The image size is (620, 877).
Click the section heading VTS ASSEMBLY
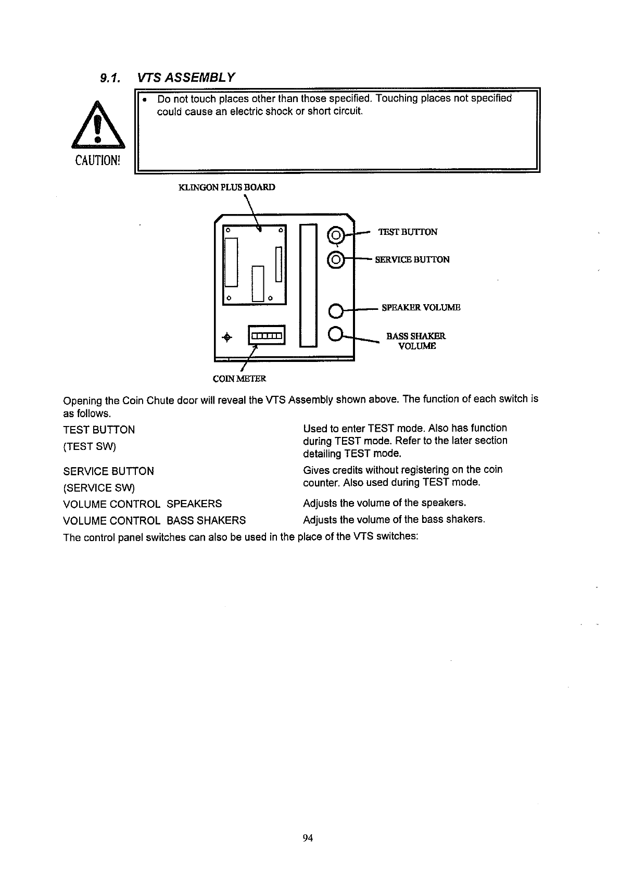(x=185, y=78)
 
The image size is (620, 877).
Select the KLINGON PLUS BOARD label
(x=226, y=187)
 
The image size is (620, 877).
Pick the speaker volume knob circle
(x=336, y=311)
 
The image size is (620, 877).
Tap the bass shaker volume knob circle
(x=336, y=333)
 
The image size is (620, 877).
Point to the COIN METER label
(x=239, y=379)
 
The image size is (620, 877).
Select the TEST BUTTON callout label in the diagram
(x=408, y=232)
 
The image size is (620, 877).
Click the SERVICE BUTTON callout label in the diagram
(x=412, y=259)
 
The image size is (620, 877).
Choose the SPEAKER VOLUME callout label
(x=421, y=307)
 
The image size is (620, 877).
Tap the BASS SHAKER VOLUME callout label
(x=416, y=341)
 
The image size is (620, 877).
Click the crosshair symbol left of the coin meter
(x=226, y=337)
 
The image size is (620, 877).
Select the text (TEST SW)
(x=90, y=446)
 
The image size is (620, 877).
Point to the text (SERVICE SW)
(x=99, y=488)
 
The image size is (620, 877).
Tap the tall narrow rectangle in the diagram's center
(x=308, y=285)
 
